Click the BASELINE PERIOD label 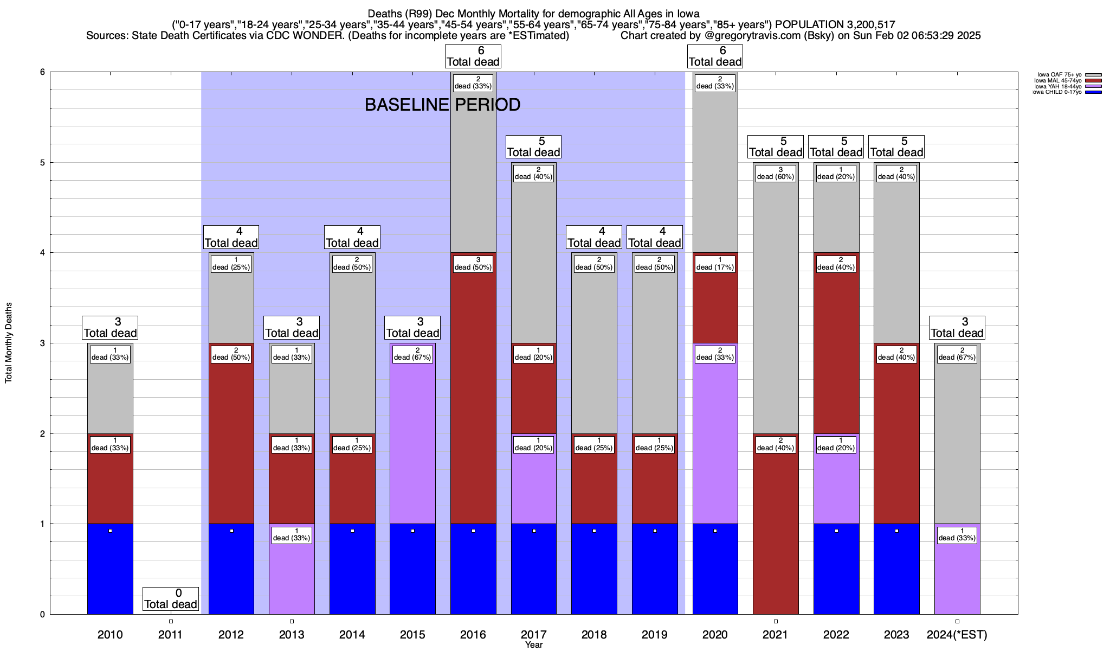442,105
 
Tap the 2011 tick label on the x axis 171,634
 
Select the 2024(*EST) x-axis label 957,634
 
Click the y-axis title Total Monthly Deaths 9,343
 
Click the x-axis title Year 533,645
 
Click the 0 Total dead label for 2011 171,599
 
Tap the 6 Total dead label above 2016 473,56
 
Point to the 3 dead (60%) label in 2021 776,173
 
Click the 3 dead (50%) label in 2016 473,264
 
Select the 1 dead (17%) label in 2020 715,264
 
